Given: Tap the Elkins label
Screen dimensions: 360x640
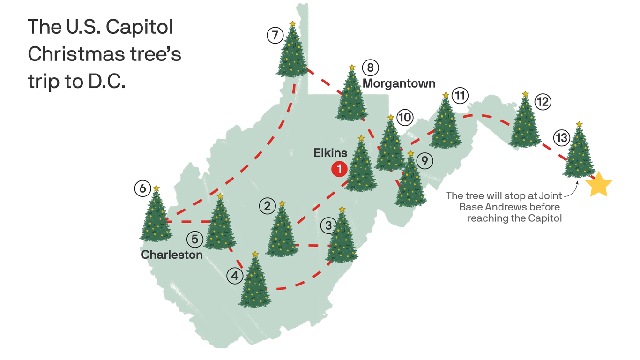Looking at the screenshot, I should (x=331, y=153).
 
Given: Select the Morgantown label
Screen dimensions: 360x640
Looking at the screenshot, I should (x=399, y=84).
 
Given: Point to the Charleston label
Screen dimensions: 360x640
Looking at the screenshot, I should (x=172, y=255).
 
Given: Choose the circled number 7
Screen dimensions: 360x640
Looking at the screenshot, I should (x=275, y=35).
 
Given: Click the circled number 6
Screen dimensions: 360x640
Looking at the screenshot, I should (x=142, y=188).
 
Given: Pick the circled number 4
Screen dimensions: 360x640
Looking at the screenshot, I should (x=235, y=276).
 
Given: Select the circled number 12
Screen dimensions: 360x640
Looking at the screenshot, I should (x=543, y=102).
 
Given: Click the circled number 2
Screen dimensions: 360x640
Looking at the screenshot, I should (x=267, y=206).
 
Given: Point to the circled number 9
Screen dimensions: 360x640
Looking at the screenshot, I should (x=424, y=161).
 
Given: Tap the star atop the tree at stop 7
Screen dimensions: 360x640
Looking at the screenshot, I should (x=292, y=23).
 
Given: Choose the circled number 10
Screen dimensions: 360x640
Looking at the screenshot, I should (x=404, y=117).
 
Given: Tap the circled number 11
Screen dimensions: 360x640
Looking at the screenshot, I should (x=460, y=96).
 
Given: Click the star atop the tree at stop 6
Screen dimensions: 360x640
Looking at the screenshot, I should (x=156, y=188).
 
